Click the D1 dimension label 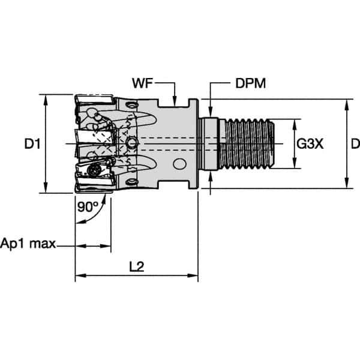point(32,144)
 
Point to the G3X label point(310,144)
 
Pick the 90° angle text point(88,207)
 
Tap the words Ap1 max point(28,244)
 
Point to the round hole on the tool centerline point(132,143)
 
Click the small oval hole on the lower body point(178,163)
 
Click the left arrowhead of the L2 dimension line point(79,277)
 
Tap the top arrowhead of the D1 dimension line point(46,98)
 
